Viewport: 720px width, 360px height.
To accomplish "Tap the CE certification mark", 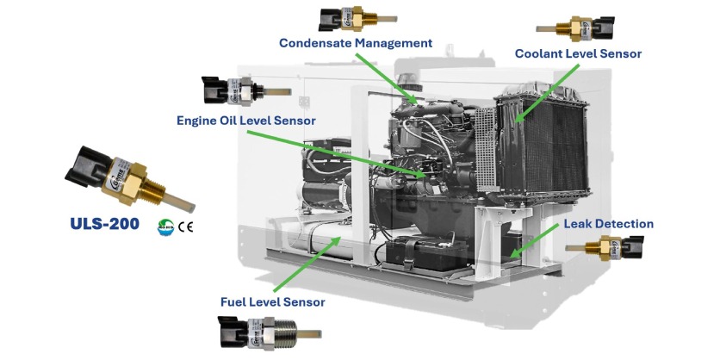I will (185, 227).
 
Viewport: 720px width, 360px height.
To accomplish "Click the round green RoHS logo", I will (165, 227).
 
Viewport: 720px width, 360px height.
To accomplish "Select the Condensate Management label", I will (355, 43).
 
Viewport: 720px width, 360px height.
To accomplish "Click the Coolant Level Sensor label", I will (578, 54).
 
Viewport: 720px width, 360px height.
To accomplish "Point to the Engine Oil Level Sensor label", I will (245, 120).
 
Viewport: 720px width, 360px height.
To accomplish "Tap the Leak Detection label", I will (608, 224).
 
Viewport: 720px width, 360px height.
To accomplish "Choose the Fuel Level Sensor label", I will (273, 302).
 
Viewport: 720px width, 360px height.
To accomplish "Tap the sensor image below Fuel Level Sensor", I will (270, 330).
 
